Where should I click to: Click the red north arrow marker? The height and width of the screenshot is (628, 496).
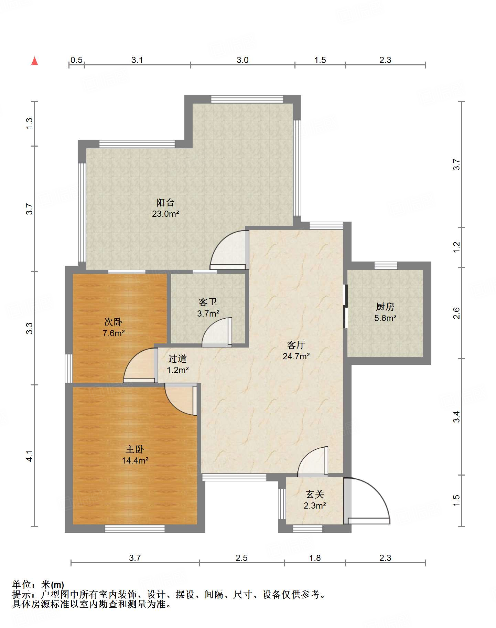(34, 61)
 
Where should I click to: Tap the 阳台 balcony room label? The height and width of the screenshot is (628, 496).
(165, 202)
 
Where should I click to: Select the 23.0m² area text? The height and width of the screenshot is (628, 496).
(165, 214)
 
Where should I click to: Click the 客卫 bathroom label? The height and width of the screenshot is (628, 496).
(208, 302)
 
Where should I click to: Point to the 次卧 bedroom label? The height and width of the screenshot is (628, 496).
(113, 322)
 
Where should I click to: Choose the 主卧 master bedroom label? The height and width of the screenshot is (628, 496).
(135, 449)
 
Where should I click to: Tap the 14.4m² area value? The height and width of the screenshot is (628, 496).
(135, 460)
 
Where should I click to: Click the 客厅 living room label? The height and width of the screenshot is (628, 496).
(296, 345)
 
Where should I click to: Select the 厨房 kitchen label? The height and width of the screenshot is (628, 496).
(385, 307)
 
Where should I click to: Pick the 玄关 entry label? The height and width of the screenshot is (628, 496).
(315, 494)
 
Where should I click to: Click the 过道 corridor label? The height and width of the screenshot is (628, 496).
(177, 359)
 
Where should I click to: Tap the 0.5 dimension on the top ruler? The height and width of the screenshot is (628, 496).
(76, 60)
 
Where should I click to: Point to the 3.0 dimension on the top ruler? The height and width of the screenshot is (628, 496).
(242, 60)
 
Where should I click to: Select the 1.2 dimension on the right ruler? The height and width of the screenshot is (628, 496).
(456, 247)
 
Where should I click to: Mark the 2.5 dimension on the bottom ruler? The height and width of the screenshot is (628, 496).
(241, 558)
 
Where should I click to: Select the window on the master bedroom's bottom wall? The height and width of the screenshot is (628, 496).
(135, 529)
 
